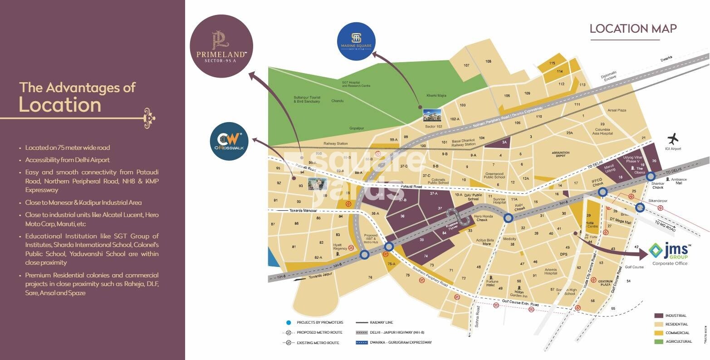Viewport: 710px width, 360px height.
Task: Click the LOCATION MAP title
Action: coord(633,29)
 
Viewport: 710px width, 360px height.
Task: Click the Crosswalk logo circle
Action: coord(229,141)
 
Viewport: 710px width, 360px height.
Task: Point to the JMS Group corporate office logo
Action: coord(670,254)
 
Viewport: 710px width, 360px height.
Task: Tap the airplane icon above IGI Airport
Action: coord(674,138)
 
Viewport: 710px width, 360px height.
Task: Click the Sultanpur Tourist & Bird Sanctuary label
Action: coord(306,99)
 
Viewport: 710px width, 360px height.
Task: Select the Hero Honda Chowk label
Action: coord(483,218)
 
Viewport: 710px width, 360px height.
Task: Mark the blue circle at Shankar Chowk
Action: coord(651,176)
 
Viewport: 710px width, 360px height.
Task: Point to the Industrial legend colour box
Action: coord(659,316)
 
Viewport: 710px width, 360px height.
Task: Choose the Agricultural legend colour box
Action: coord(659,341)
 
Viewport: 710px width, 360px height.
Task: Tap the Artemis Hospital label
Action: coord(550,272)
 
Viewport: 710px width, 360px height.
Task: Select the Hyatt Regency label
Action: coord(340,247)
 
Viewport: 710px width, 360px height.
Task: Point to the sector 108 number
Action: coord(488,61)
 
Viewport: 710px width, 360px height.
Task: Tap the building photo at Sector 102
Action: coord(431,115)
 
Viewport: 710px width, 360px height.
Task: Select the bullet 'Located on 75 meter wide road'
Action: coord(67,148)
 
